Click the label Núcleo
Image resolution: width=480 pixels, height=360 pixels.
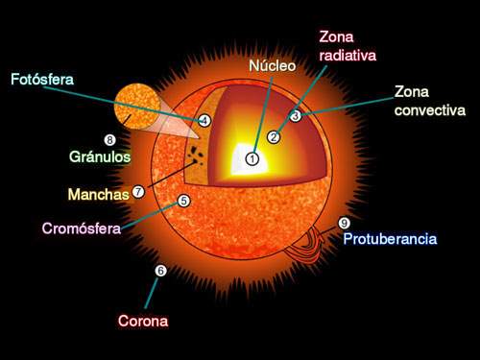coord(273,67)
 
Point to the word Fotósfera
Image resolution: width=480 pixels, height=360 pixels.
coord(42,79)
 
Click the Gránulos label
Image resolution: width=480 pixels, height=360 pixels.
coord(100,156)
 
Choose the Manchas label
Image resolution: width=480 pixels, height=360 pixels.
coord(99,194)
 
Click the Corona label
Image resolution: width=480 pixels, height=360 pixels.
coord(143,321)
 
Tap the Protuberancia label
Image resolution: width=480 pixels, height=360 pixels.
coord(390,239)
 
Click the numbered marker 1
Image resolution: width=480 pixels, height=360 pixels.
coord(252,158)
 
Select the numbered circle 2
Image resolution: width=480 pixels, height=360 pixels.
coord(274,136)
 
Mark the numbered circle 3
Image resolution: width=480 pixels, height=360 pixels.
coord(296,115)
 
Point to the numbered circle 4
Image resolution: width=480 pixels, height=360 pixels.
coord(204,121)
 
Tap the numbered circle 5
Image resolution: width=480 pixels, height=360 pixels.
coord(183,201)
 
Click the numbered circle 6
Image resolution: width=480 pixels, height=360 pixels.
coord(160,271)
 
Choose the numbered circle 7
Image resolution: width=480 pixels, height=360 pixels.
coord(138,191)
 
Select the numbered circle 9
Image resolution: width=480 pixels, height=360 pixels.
coord(344,224)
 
